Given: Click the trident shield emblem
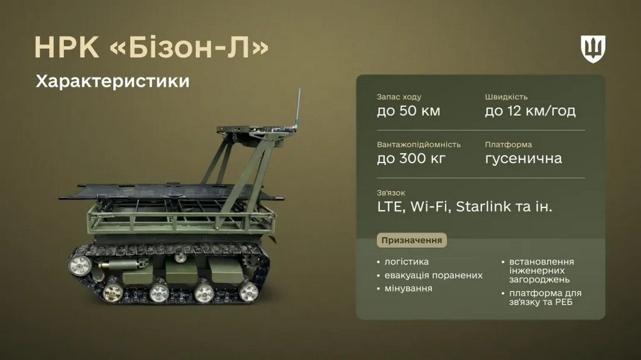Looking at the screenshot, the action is point(593,49).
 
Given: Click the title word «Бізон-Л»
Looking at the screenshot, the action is point(189,47).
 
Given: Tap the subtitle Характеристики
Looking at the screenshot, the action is point(113,81).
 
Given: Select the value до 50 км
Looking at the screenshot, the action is point(408,111).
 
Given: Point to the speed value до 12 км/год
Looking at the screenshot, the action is point(530,111).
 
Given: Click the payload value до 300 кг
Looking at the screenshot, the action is point(411,159).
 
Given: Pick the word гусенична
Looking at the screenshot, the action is point(523,159).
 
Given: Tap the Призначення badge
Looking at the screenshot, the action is point(412,240).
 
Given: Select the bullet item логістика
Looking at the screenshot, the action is point(406,262).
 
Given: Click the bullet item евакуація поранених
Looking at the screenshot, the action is point(433,275).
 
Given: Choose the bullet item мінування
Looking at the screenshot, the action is point(408,288).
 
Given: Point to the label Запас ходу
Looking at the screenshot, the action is point(399,97).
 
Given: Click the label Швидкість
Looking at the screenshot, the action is point(506,97).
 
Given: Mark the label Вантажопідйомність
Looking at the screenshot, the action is point(419,145).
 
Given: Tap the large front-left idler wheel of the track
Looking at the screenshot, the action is point(79,265).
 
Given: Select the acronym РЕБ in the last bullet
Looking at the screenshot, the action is point(563,302).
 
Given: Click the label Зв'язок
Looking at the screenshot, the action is point(391,193).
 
